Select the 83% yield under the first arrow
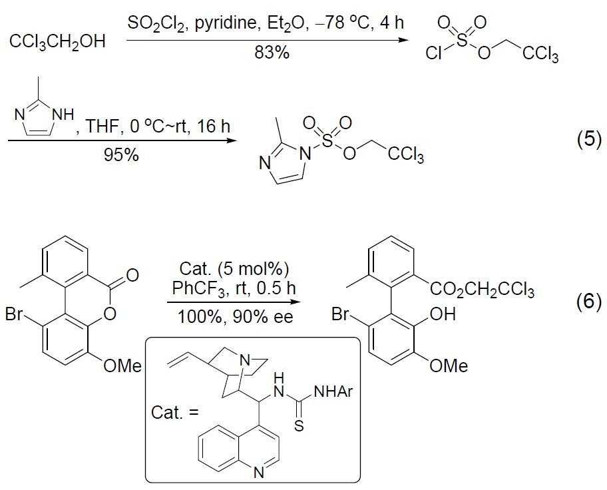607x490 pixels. pos(272,53)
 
